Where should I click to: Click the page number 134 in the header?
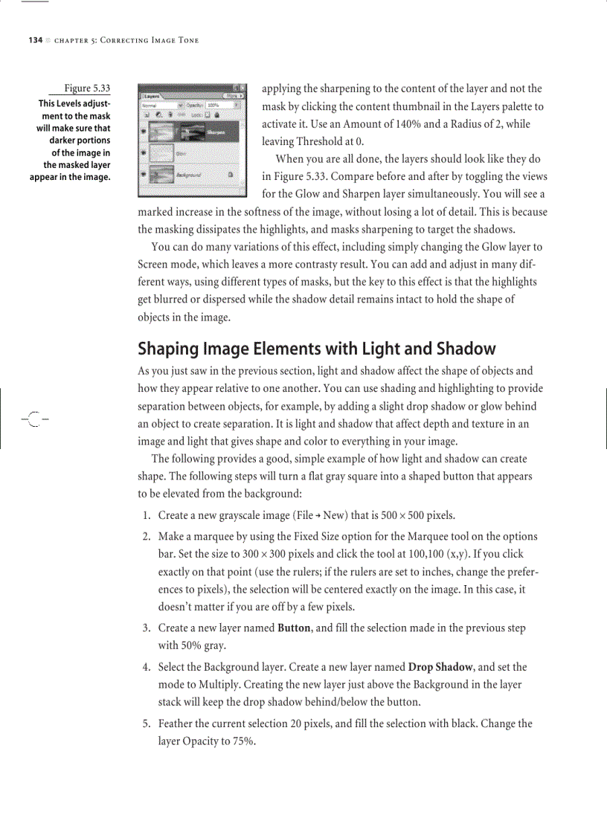[x=35, y=40]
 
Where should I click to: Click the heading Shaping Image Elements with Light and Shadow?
[x=316, y=349]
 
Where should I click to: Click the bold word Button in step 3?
[x=294, y=628]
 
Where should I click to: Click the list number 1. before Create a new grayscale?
[x=147, y=515]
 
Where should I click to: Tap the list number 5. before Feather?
[x=147, y=723]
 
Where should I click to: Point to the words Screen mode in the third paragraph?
[x=168, y=265]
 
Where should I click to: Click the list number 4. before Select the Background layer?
[x=147, y=668]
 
